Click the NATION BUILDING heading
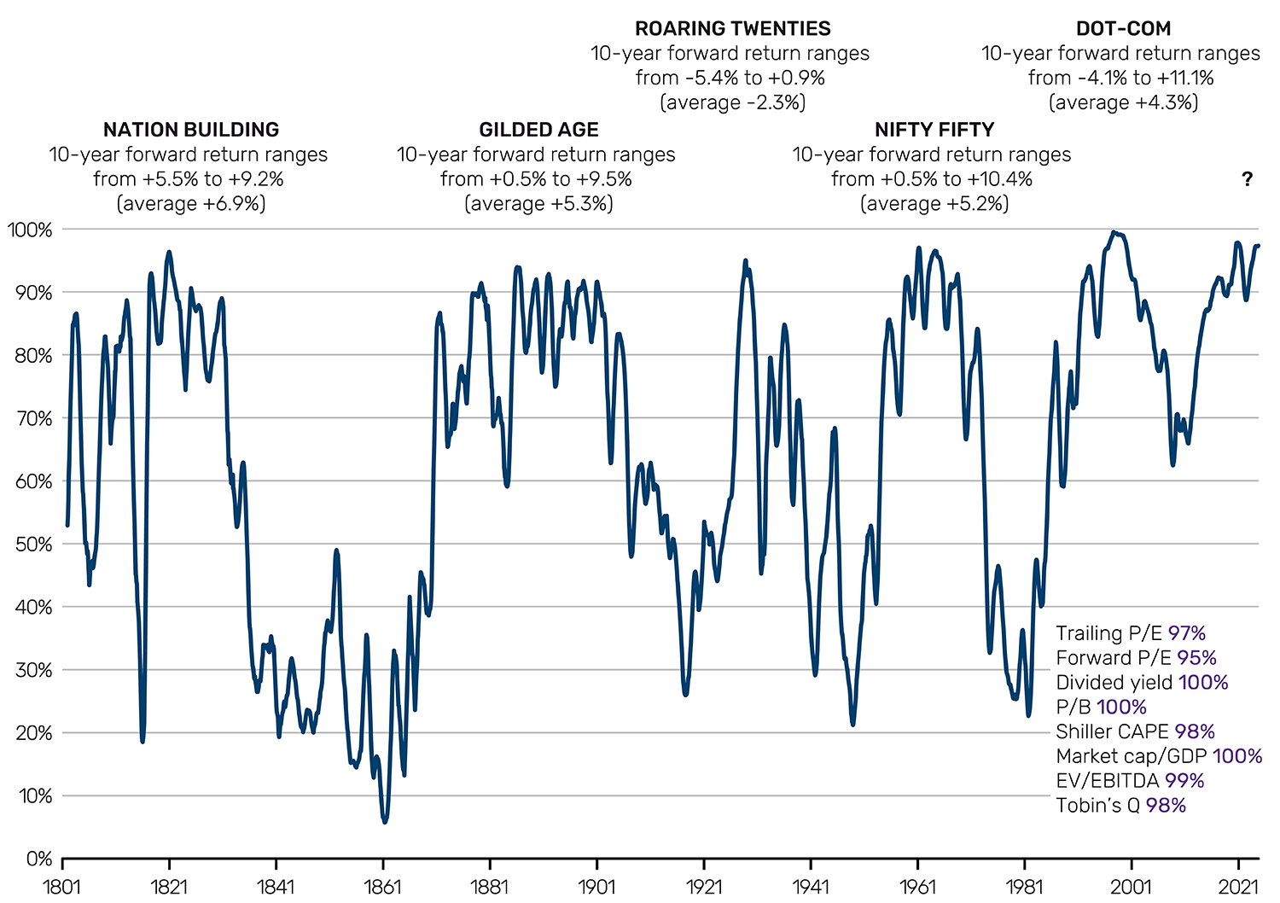pyautogui.click(x=191, y=130)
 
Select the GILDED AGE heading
pyautogui.click(x=538, y=130)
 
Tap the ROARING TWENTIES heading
pyautogui.click(x=732, y=29)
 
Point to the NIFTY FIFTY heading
pyautogui.click(x=934, y=130)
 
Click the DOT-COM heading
pyautogui.click(x=1123, y=29)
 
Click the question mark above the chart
pyautogui.click(x=1247, y=179)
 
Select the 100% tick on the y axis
pyautogui.click(x=31, y=230)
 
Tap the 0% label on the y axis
pyautogui.click(x=38, y=859)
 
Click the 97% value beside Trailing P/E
pyautogui.click(x=1187, y=633)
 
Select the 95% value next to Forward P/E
pyautogui.click(x=1197, y=658)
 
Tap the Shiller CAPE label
pyautogui.click(x=1112, y=731)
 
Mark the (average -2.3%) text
pyautogui.click(x=732, y=103)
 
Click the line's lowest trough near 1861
pyautogui.click(x=385, y=822)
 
